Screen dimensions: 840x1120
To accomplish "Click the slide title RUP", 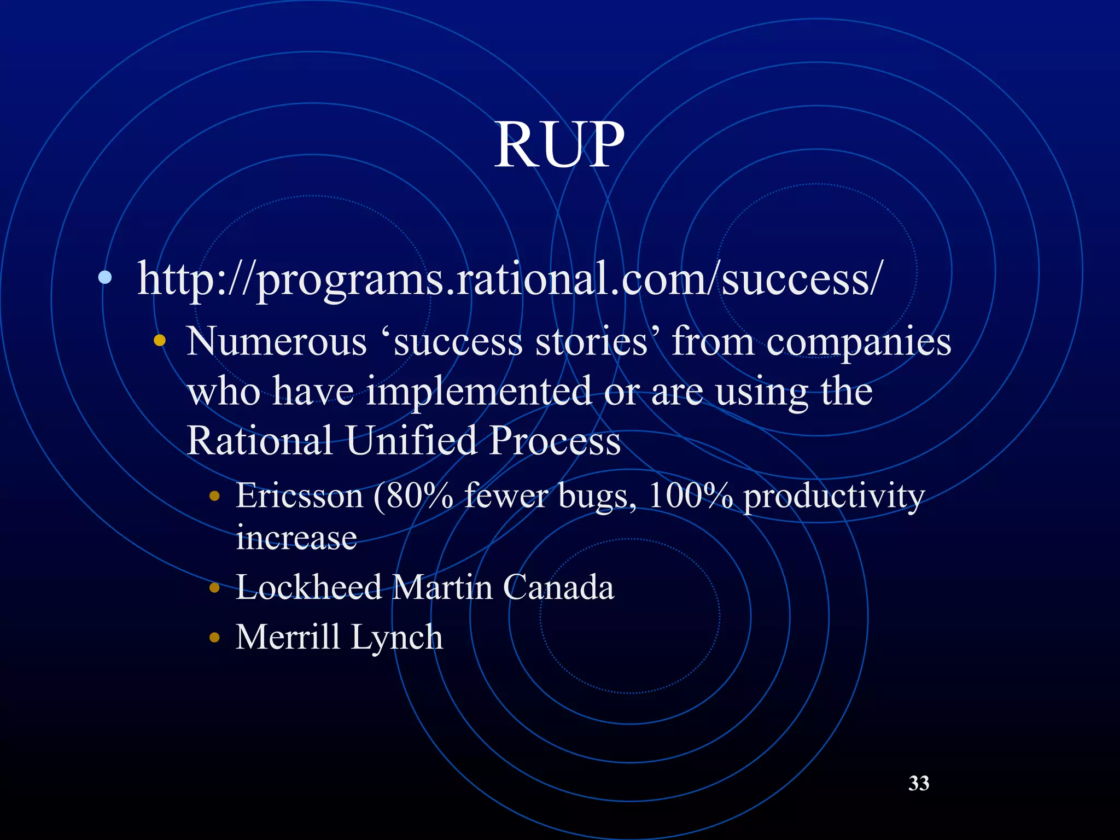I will [559, 144].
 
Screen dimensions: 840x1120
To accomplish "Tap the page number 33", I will [919, 783].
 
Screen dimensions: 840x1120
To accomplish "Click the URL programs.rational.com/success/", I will [509, 279].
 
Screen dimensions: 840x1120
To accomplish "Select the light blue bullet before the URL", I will [105, 278].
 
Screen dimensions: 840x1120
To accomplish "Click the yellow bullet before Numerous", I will [159, 341].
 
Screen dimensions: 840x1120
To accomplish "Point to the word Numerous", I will [276, 342].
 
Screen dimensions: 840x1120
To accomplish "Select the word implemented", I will [479, 392].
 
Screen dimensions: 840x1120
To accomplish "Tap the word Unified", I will [411, 440].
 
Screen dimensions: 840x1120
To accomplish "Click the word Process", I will [555, 440].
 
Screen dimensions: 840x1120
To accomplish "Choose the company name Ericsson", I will [300, 496].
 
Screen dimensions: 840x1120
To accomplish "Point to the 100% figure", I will [690, 496].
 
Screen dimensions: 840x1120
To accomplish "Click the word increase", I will [296, 537].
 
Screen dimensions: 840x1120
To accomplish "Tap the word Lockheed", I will [309, 587].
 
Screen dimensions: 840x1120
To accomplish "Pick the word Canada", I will [558, 587].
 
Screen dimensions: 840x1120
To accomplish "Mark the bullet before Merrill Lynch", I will [214, 637].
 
